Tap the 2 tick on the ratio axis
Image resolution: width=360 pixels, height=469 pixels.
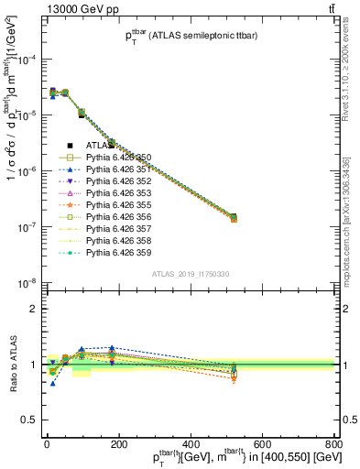[34, 309]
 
